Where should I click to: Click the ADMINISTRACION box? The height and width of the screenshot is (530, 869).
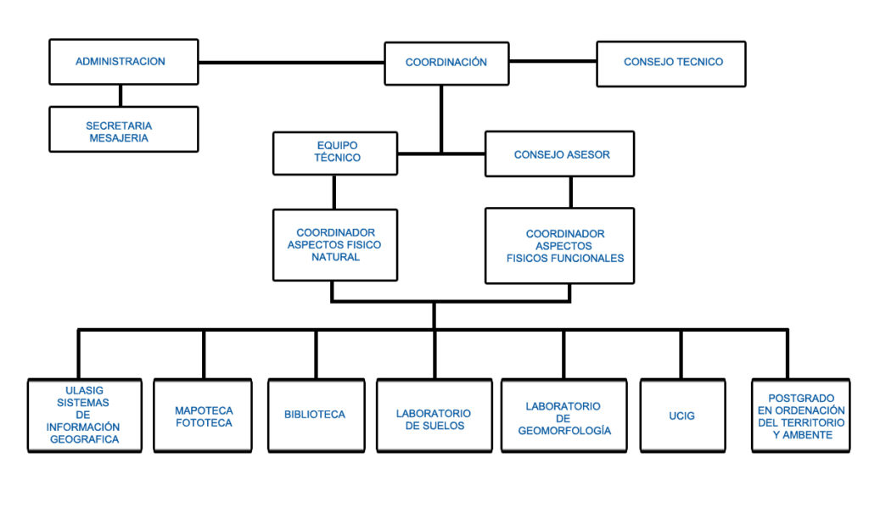point(124,61)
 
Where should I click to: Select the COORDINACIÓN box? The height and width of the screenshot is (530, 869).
point(446,63)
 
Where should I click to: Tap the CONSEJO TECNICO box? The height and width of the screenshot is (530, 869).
point(671,64)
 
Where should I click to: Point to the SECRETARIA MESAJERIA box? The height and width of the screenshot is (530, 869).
point(124,129)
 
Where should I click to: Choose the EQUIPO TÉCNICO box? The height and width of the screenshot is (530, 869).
point(335,153)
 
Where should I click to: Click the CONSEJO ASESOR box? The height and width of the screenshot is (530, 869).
point(560,154)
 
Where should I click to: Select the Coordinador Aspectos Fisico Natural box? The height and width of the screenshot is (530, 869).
point(335,245)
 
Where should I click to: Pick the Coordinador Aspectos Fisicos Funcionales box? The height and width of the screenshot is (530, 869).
point(560,246)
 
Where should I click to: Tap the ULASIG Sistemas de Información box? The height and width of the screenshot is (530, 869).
point(85,416)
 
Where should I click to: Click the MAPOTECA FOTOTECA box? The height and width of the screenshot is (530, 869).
point(203,416)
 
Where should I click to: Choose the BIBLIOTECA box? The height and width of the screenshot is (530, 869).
point(317,416)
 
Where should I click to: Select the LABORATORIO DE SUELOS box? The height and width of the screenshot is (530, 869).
point(434,416)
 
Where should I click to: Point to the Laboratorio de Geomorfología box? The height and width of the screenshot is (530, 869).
point(564,416)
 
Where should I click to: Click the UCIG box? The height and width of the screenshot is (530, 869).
point(683,416)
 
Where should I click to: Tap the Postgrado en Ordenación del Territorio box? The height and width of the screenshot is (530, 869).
point(801,416)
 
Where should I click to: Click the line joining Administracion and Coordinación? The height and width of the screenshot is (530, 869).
point(292,63)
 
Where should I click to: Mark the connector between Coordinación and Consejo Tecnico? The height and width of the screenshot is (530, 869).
point(553,61)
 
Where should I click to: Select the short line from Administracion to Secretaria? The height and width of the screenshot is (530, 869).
point(121,96)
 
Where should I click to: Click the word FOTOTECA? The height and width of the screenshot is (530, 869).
point(204,423)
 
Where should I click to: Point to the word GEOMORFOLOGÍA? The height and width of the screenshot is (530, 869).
point(564,431)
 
